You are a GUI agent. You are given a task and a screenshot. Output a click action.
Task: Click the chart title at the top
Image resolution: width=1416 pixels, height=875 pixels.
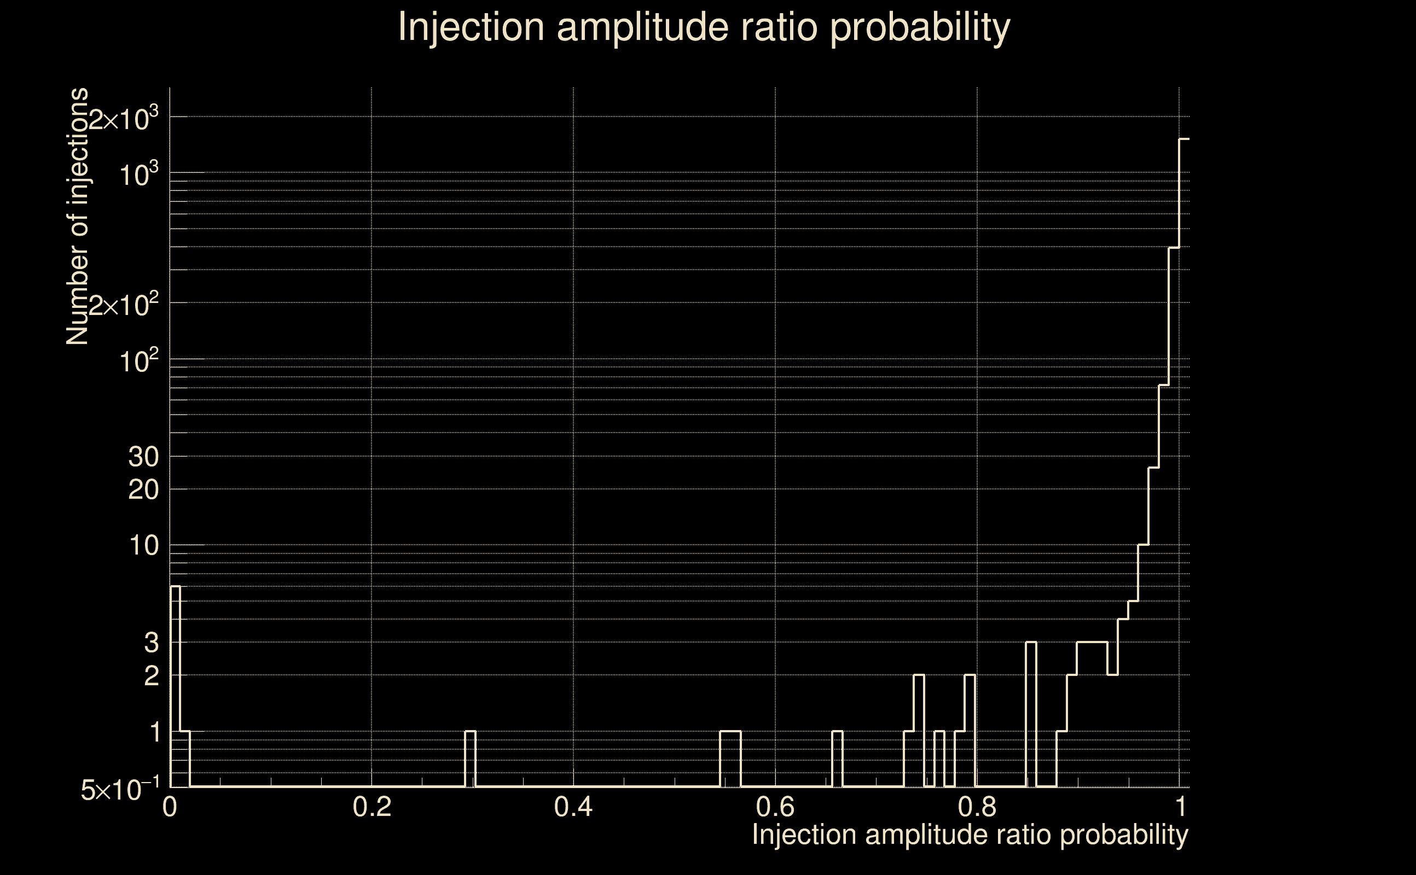(x=704, y=27)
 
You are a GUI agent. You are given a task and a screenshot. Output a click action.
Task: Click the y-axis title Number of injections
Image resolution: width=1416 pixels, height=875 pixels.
(x=78, y=217)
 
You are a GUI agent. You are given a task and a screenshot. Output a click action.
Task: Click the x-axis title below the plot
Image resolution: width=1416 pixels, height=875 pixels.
(x=970, y=835)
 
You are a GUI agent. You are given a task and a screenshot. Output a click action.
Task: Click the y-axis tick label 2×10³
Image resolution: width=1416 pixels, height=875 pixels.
(x=123, y=120)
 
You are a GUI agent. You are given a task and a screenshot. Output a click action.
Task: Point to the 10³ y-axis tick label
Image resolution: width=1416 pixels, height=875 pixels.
(x=139, y=174)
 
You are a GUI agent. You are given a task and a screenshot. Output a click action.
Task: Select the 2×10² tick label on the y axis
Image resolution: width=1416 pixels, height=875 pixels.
(x=123, y=305)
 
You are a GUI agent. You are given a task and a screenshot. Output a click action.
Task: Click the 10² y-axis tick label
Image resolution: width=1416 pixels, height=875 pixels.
(x=139, y=361)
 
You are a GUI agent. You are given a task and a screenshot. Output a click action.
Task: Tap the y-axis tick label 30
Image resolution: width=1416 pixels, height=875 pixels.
(x=143, y=457)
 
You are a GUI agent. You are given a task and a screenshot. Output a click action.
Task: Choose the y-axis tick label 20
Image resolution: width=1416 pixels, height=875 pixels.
(x=143, y=490)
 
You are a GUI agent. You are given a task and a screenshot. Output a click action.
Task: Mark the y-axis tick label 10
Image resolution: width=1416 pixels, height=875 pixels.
(x=143, y=546)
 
